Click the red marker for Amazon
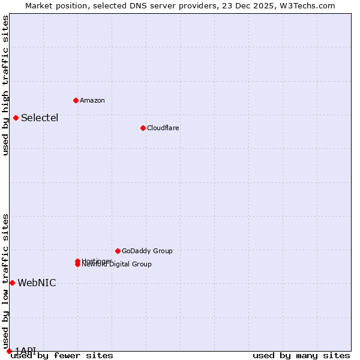click(x=76, y=100)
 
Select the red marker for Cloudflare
click(x=143, y=128)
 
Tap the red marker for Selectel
click(x=16, y=118)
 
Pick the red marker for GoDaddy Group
click(x=118, y=251)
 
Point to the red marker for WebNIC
click(x=12, y=283)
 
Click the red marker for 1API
click(x=9, y=351)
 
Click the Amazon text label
click(x=92, y=100)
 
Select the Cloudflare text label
click(x=163, y=128)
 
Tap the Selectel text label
click(x=40, y=118)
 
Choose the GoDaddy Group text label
click(x=147, y=251)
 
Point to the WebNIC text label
click(x=37, y=283)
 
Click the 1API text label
click(x=26, y=350)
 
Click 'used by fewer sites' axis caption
click(x=62, y=356)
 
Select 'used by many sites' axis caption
click(x=301, y=356)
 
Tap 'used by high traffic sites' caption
click(x=5, y=85)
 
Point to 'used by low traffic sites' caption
click(x=5, y=281)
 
